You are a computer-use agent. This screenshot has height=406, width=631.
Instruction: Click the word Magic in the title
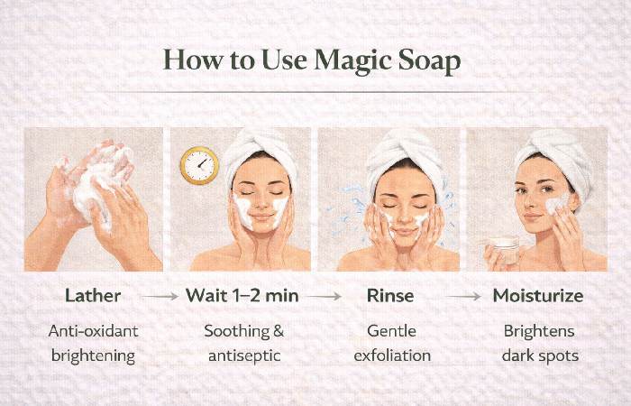tap(352, 60)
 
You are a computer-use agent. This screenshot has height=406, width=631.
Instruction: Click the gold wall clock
tap(199, 165)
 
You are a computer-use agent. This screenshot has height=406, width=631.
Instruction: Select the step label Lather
tap(93, 296)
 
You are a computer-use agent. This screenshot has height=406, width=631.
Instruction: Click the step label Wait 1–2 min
tap(242, 296)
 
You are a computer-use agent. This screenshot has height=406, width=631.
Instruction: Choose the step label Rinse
tap(390, 296)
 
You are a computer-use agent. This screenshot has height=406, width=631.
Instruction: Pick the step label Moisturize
tap(538, 296)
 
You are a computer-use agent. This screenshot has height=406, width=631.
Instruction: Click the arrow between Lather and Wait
tap(160, 297)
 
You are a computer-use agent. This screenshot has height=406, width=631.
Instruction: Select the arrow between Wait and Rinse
tap(324, 297)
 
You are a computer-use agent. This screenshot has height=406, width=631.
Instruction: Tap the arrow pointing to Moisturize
tap(464, 297)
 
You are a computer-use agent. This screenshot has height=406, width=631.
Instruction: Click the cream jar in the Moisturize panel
tap(504, 250)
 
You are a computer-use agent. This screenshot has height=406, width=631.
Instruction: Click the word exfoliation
tap(392, 355)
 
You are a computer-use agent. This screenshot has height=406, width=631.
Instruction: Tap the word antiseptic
tap(244, 355)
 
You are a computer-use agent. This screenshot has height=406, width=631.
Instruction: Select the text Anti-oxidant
tap(93, 331)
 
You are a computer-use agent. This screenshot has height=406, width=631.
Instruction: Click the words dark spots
tap(540, 356)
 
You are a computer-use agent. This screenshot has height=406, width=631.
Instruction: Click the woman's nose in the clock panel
tap(261, 203)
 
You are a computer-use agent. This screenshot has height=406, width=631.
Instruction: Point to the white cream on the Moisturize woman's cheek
tap(556, 204)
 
